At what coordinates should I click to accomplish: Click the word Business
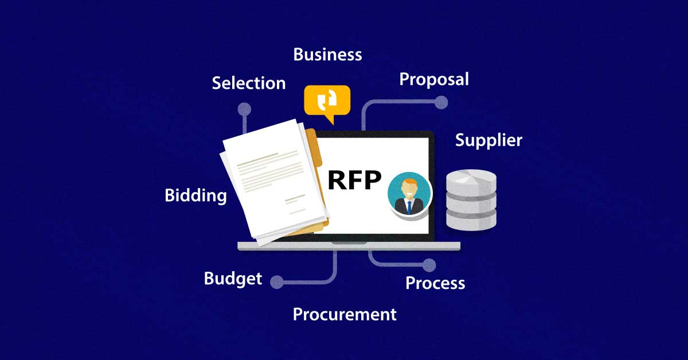(327, 54)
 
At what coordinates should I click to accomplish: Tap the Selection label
(248, 83)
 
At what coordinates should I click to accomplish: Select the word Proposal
(434, 79)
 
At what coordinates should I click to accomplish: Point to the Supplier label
(488, 140)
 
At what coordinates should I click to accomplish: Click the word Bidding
(196, 195)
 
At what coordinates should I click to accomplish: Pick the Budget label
(233, 279)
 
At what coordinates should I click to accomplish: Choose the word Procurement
(345, 314)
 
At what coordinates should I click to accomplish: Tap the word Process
(435, 283)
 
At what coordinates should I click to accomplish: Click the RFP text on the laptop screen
(354, 180)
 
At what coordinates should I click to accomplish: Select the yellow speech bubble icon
(327, 101)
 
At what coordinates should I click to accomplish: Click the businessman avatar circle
(409, 194)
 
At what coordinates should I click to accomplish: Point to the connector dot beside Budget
(277, 281)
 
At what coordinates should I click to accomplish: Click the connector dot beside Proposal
(441, 103)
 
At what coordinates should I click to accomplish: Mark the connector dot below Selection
(244, 109)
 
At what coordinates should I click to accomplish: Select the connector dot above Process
(429, 265)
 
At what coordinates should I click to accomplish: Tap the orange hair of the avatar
(409, 183)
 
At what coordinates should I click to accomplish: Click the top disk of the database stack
(471, 179)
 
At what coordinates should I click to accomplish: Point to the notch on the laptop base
(349, 244)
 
